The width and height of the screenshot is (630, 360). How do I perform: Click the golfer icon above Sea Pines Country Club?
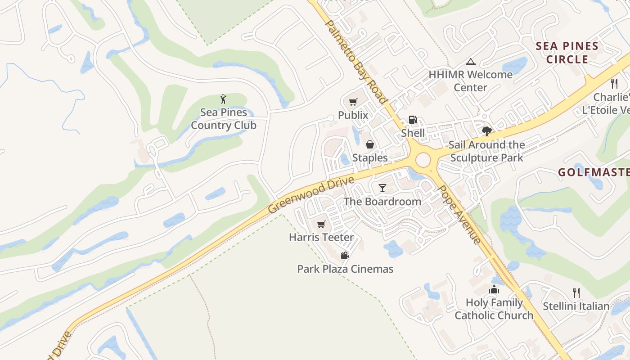[x=223, y=99]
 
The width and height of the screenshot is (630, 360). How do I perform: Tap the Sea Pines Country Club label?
[x=224, y=119]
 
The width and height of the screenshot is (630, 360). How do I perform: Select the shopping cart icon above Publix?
[x=353, y=102]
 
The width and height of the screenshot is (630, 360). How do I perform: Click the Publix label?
[x=353, y=115]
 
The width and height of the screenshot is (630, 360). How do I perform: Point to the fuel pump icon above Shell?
[x=413, y=120]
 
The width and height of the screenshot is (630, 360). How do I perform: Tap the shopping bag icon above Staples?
[x=369, y=144]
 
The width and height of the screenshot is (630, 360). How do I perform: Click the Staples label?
[x=370, y=157]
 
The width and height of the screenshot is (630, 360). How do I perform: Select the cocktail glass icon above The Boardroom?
[x=382, y=188]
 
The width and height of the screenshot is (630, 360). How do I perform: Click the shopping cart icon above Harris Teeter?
[x=321, y=224]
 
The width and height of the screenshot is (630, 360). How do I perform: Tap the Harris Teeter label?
[x=321, y=237]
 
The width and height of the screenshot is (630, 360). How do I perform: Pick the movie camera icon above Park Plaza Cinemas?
[x=345, y=256]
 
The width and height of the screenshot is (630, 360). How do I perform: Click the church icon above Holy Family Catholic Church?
[x=494, y=289]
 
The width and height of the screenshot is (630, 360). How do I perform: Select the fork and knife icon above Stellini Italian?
[x=576, y=293]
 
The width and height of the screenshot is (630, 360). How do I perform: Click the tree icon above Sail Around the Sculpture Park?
[x=486, y=131]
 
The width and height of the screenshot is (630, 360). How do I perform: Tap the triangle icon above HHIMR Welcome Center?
[x=471, y=62]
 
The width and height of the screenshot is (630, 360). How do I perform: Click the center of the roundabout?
[x=423, y=160]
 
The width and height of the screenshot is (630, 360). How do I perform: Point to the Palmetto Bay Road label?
[x=355, y=62]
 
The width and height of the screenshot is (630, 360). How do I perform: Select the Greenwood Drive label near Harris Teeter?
[x=311, y=195]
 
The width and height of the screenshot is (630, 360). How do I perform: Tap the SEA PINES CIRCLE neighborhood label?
[x=567, y=53]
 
